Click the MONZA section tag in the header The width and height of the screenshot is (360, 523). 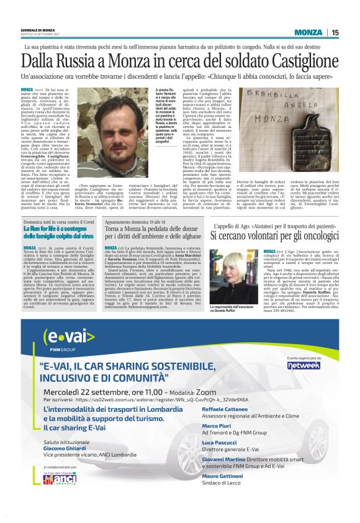click(308, 32)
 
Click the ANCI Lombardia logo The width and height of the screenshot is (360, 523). click(59, 496)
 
